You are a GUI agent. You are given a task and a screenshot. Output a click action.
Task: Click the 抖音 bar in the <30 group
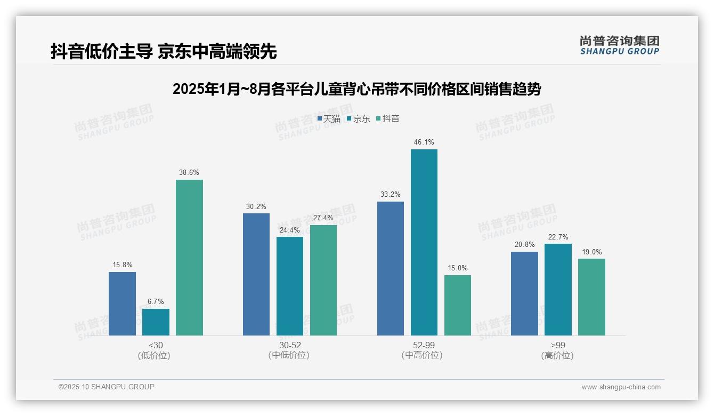[189, 258]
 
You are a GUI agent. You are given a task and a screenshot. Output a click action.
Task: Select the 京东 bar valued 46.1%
[424, 242]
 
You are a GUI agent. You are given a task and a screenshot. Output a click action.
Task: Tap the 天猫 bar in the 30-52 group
[256, 274]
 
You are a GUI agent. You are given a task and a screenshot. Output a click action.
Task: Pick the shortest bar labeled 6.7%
[156, 322]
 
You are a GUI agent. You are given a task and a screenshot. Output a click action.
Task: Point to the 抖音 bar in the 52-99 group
[458, 305]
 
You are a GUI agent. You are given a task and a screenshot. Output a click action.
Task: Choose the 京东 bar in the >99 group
[558, 290]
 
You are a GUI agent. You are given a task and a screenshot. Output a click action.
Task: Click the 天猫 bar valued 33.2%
[391, 268]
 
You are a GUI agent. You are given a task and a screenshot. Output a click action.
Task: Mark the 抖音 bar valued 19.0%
[591, 297]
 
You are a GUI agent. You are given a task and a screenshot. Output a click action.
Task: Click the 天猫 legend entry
[329, 118]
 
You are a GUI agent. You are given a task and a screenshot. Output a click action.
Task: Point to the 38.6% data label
[189, 173]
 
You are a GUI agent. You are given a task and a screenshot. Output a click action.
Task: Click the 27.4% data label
[323, 218]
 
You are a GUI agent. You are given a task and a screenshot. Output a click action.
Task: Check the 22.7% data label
[558, 237]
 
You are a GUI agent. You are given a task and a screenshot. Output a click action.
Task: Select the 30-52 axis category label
[290, 346]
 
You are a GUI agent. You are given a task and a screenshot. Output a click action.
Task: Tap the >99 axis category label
[558, 346]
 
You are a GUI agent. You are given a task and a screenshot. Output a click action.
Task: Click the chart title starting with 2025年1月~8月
[356, 89]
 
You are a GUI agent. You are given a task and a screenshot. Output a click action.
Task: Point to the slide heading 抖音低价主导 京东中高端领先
[164, 52]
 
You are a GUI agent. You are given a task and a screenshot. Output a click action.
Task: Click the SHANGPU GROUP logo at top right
[620, 45]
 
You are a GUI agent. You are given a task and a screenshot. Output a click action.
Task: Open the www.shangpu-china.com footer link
[621, 387]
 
